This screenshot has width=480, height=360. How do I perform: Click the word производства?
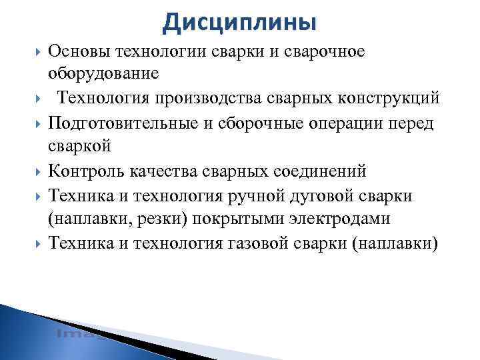point(205,99)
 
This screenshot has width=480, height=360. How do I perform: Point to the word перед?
point(412,123)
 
